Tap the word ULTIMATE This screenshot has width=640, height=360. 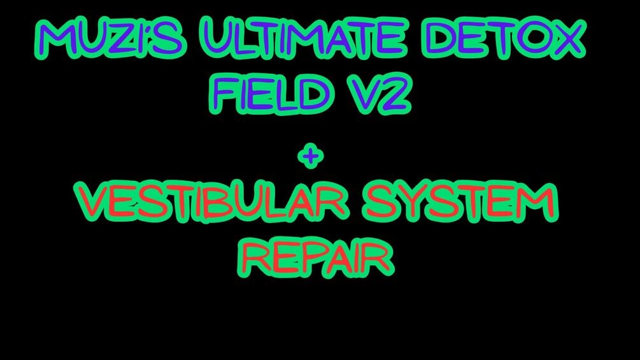coord(304,38)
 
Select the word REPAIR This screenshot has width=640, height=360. coord(316,257)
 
